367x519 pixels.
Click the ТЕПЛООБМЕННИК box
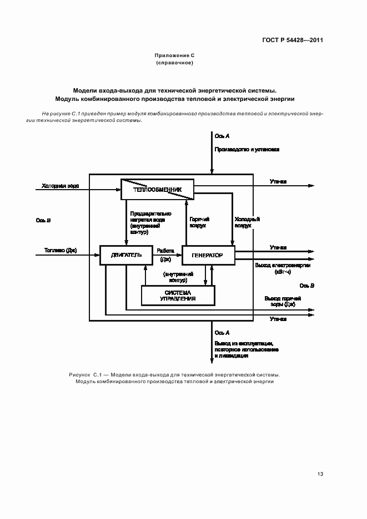[157, 189]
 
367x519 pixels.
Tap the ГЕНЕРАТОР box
[208, 255]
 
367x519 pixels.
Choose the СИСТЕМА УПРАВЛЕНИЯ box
[178, 296]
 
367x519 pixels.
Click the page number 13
[320, 474]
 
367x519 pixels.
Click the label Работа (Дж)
[165, 255]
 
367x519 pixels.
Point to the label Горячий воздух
[198, 222]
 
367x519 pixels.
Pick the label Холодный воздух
[247, 222]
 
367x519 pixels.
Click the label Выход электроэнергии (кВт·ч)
[283, 269]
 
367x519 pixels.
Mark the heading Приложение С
[174, 55]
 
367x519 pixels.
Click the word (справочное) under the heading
[174, 63]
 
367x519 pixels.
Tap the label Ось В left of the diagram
[43, 220]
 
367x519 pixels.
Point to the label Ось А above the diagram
[222, 136]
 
